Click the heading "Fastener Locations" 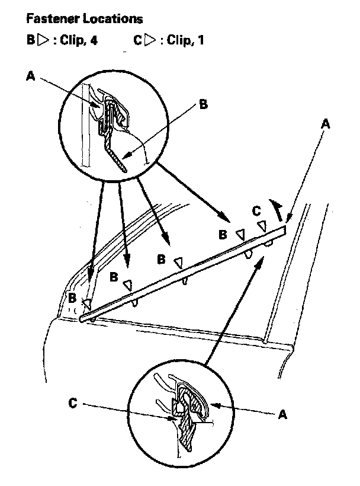click(x=84, y=20)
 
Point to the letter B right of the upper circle click(x=203, y=105)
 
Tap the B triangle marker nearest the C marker click(x=240, y=235)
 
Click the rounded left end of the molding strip click(x=81, y=320)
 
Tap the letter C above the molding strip click(x=256, y=210)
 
